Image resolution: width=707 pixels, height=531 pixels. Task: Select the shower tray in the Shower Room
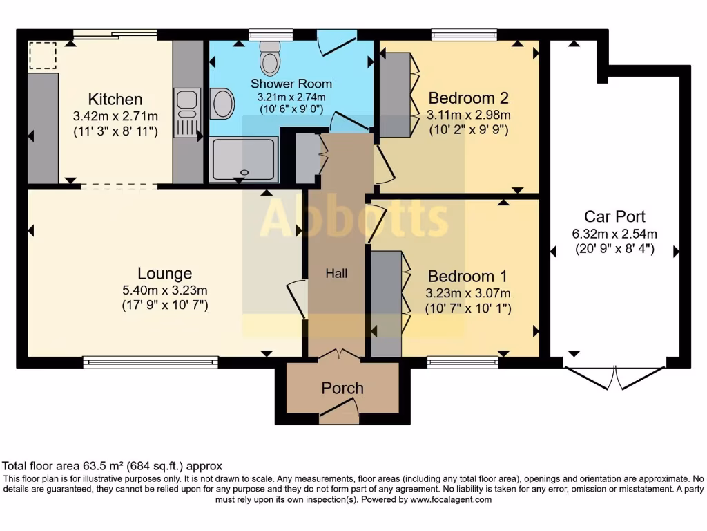pos(244,159)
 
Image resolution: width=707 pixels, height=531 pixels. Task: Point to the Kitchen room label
pos(115,100)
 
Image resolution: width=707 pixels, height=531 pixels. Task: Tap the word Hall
pos(336,274)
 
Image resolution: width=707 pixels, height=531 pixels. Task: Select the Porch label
pos(342,388)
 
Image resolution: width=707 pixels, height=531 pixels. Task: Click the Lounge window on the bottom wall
pos(151,360)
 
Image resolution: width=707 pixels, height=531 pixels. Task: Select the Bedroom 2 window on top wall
pos(464,32)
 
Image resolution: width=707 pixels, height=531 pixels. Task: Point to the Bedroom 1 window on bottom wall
pos(463,360)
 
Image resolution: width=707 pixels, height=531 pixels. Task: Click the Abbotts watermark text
pos(354,217)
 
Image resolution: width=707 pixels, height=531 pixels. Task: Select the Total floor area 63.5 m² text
pos(113,466)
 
